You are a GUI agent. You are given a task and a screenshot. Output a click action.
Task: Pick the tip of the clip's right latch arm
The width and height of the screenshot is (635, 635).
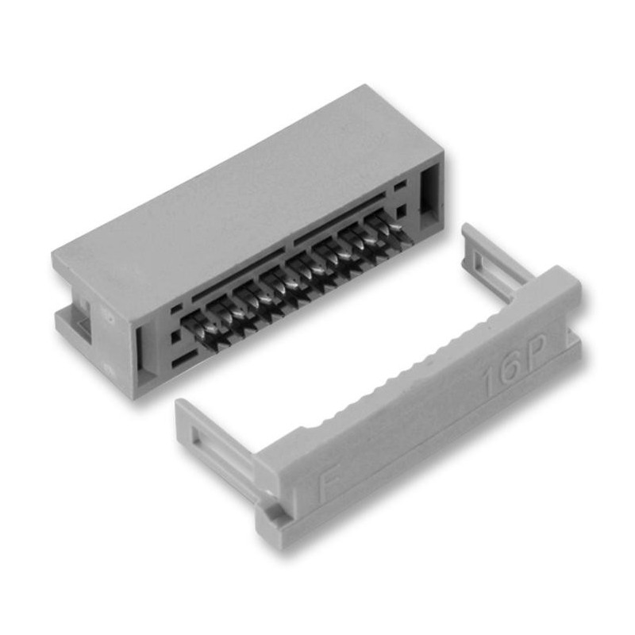(x=468, y=231)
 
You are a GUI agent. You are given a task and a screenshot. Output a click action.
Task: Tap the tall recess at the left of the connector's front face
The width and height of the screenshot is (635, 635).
(x=144, y=350)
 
